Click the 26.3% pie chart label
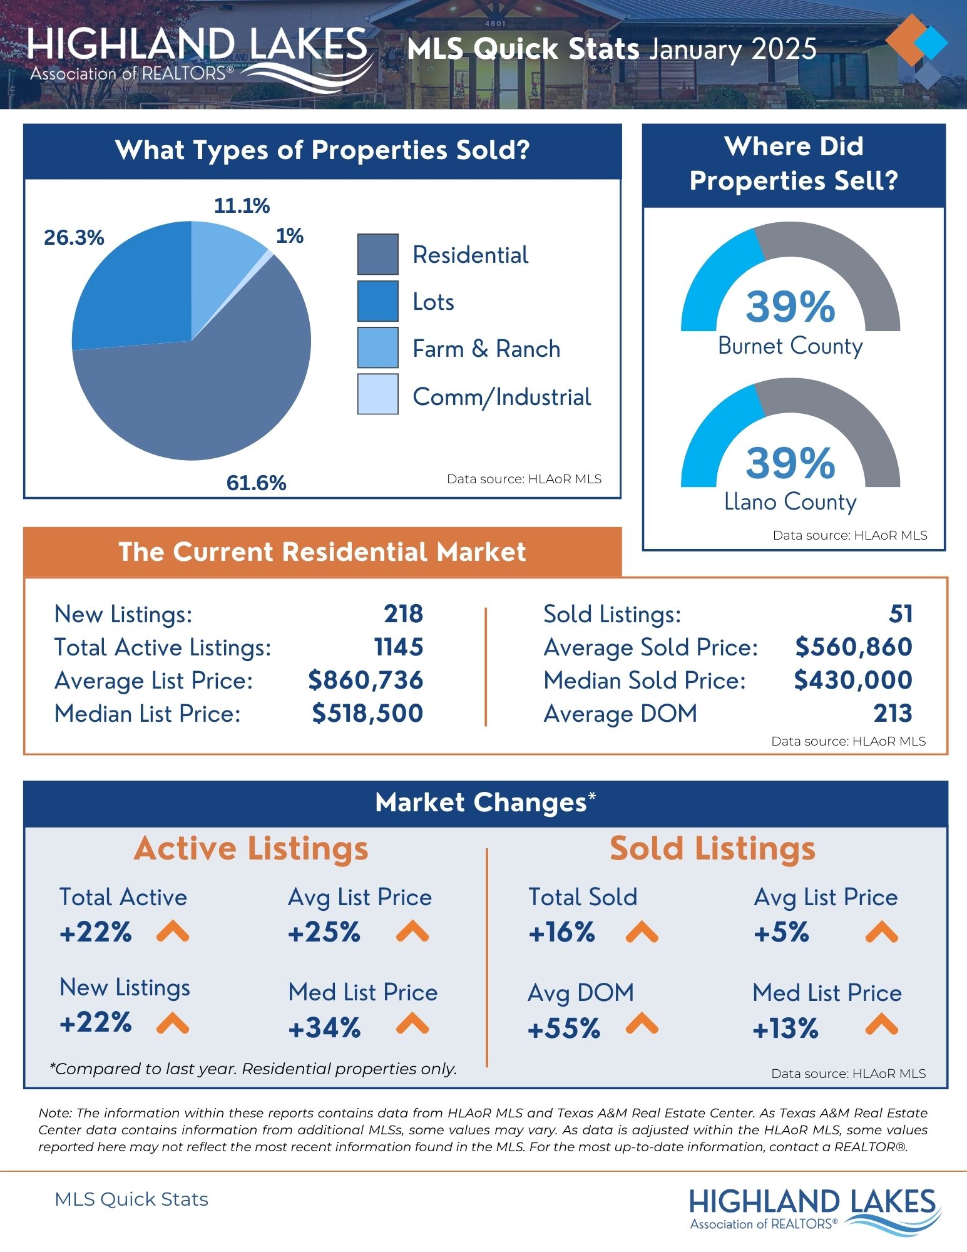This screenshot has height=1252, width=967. tap(74, 238)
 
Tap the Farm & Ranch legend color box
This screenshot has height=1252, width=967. tap(377, 347)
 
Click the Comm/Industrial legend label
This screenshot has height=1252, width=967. tap(501, 397)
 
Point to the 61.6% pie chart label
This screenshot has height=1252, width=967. tap(256, 483)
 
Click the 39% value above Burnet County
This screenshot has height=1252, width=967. tap(790, 307)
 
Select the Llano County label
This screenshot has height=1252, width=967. tap(790, 502)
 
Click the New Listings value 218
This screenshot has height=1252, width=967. tap(403, 614)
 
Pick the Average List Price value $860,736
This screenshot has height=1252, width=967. tap(366, 680)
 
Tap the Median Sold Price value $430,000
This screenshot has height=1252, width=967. tap(852, 680)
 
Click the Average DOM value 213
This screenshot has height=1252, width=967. tap(893, 714)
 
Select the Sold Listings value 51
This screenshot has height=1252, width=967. tap(900, 614)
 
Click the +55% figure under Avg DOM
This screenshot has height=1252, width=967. tap(564, 1029)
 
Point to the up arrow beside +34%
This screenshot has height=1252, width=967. tap(412, 1024)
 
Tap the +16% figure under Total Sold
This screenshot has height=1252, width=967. tap(561, 933)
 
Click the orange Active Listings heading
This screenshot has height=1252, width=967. tap(251, 849)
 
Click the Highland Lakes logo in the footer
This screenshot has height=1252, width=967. tap(812, 1209)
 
